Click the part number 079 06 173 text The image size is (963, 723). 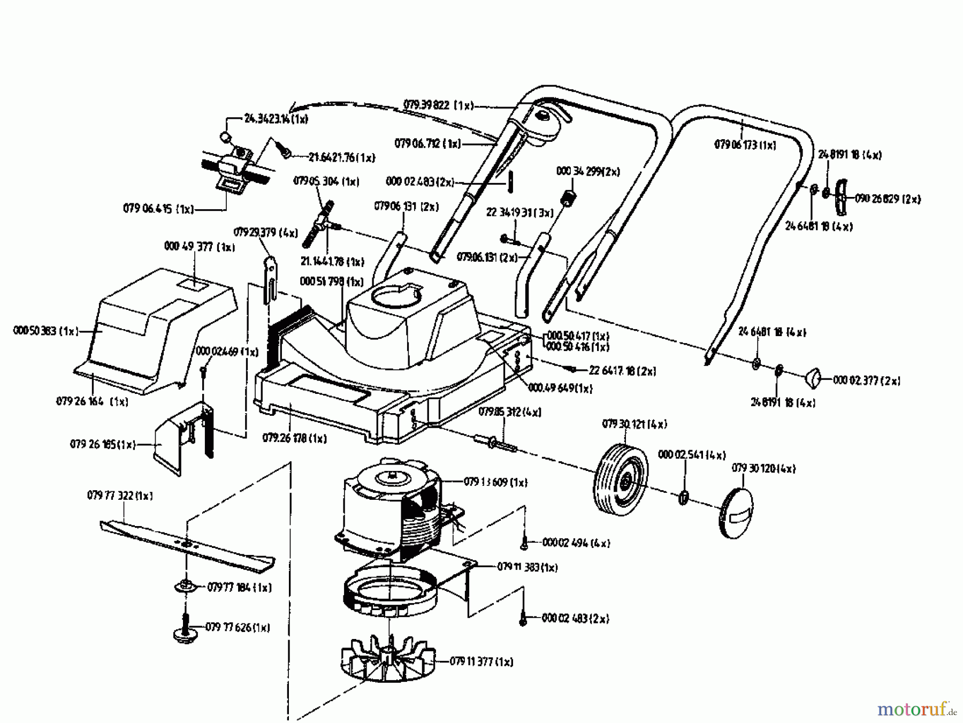745,144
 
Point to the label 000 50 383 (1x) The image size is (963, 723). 45,331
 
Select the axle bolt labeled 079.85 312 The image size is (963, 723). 495,443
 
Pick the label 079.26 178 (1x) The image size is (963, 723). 294,438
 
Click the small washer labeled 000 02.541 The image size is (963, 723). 684,497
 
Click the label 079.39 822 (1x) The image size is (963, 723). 438,105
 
